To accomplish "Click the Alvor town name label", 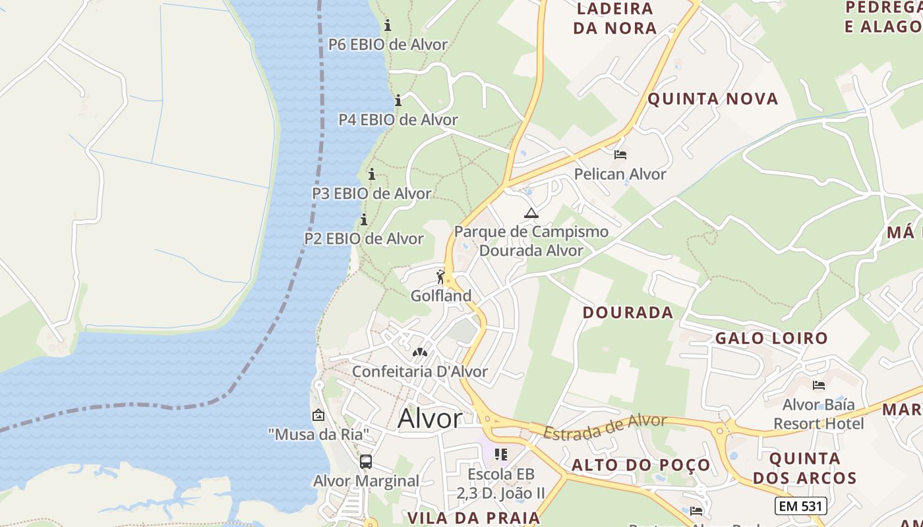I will pyautogui.click(x=431, y=419).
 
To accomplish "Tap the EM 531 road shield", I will pyautogui.click(x=800, y=506).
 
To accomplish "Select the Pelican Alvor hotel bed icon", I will pyautogui.click(x=620, y=155).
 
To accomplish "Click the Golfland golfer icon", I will pyautogui.click(x=440, y=277).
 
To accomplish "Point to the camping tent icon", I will pyautogui.click(x=531, y=213).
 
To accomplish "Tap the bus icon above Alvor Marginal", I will pyautogui.click(x=366, y=462).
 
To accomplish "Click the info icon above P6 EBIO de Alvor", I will pyautogui.click(x=388, y=26).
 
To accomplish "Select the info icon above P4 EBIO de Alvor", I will pyautogui.click(x=398, y=101).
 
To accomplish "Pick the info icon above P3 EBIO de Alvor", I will pyautogui.click(x=372, y=175).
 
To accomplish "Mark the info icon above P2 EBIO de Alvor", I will pyautogui.click(x=363, y=219).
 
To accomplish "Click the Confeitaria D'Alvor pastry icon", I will pyautogui.click(x=419, y=352).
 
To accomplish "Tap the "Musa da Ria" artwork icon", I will pyautogui.click(x=318, y=415).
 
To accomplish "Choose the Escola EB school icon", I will pyautogui.click(x=501, y=455).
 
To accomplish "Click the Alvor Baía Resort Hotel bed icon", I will pyautogui.click(x=819, y=385).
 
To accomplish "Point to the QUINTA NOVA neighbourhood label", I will pyautogui.click(x=713, y=99).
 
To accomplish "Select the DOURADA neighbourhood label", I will pyautogui.click(x=628, y=312).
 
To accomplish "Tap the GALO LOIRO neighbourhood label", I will pyautogui.click(x=771, y=339).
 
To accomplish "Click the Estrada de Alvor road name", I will pyautogui.click(x=605, y=426).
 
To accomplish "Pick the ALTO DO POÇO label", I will pyautogui.click(x=641, y=465).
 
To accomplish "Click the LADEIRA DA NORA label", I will pyautogui.click(x=614, y=18).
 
